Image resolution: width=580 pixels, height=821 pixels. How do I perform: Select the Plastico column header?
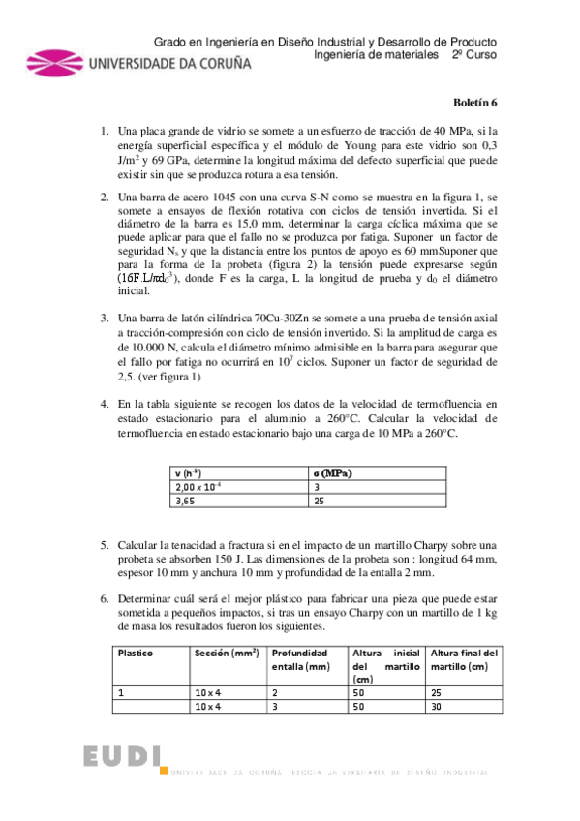pos(137,653)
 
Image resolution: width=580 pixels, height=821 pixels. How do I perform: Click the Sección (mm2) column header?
pos(226,653)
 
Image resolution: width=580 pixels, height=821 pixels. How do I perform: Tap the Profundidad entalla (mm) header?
pos(304,659)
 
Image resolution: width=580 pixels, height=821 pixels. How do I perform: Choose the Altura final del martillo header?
pos(464,659)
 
